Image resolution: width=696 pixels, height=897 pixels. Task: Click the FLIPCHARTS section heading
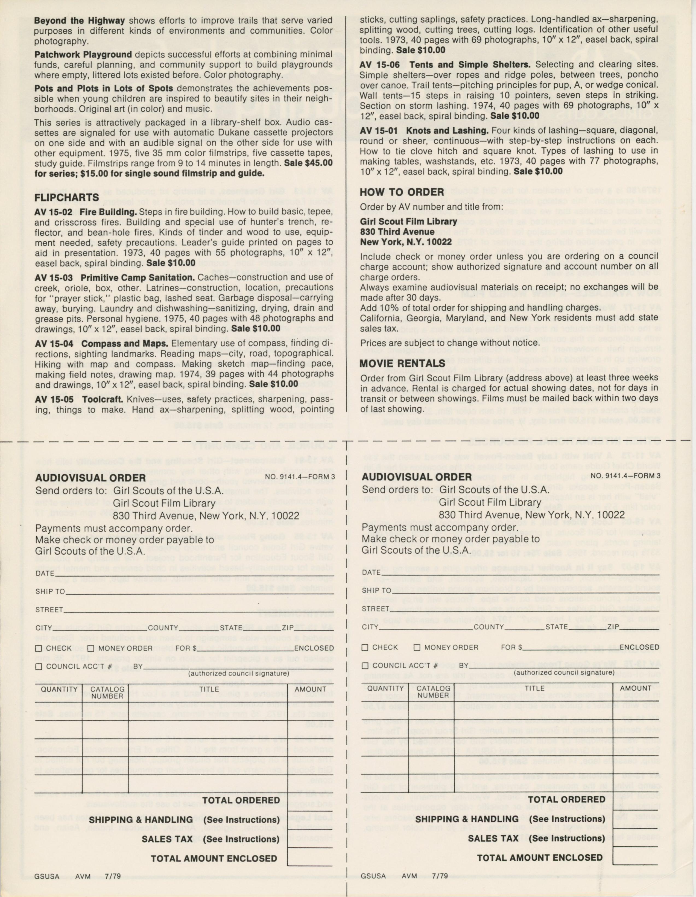click(66, 198)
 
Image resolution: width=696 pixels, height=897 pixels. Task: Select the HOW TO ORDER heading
click(402, 192)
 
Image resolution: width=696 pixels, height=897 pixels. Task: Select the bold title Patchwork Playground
click(83, 55)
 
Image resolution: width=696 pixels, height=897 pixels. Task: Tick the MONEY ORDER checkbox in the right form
click(417, 648)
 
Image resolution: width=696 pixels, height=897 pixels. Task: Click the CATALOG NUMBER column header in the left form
click(107, 693)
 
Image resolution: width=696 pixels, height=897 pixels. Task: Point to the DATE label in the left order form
click(45, 573)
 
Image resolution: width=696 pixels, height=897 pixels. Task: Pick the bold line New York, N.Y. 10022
click(401, 242)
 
